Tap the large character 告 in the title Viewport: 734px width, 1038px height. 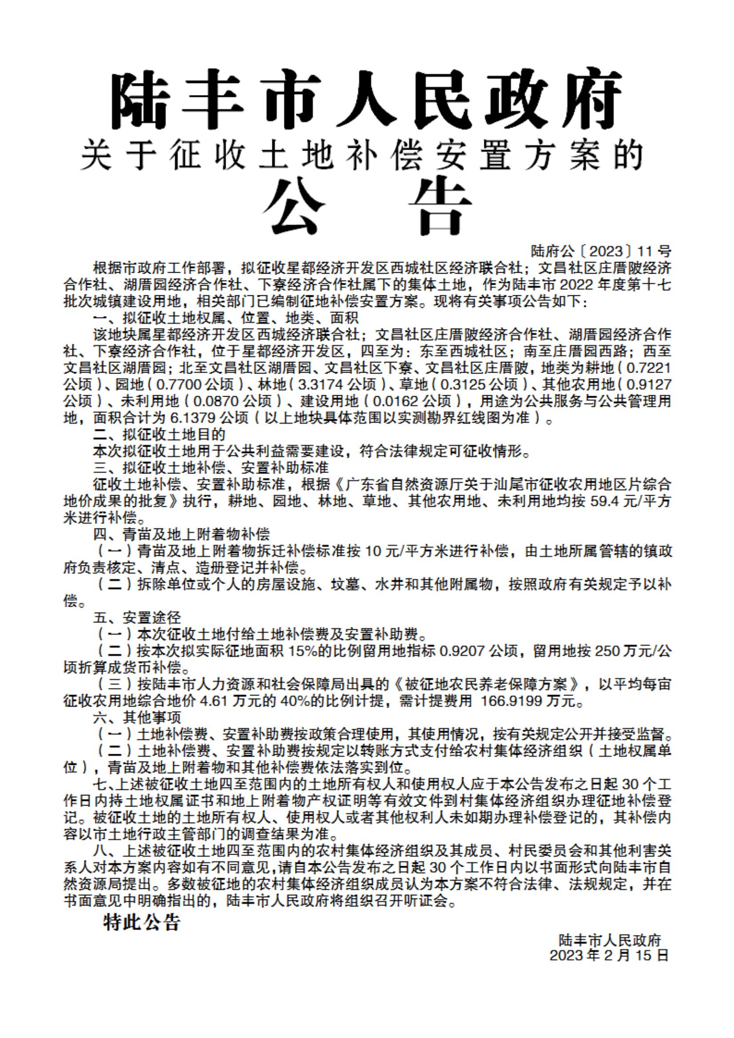(x=439, y=206)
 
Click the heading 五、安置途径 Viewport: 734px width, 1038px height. (x=137, y=617)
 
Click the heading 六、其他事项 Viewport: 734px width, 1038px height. (x=137, y=717)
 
